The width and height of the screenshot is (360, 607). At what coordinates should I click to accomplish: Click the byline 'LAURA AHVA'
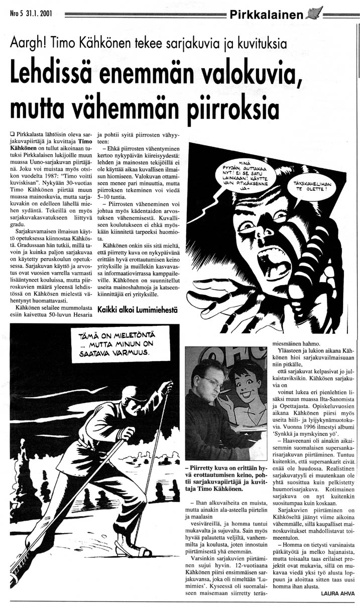(x=337, y=593)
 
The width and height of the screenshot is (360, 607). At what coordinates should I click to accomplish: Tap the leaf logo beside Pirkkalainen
(x=314, y=13)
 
